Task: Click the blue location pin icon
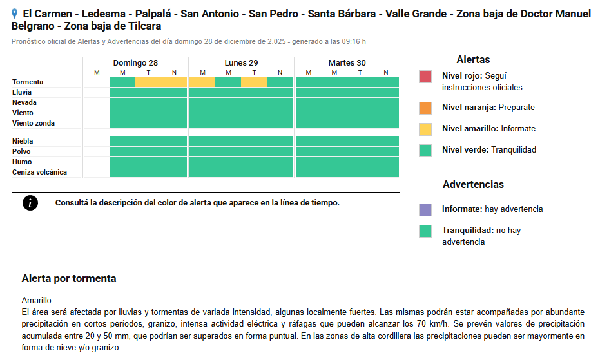[x=15, y=14]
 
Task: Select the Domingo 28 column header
[x=135, y=63]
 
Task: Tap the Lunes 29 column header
[x=241, y=63]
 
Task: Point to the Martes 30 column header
[x=347, y=63]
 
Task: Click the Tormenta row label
[x=28, y=82]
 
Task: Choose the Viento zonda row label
[x=34, y=124]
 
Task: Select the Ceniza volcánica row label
[x=39, y=173]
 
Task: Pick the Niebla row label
[x=23, y=142]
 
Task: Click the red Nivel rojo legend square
[x=425, y=77]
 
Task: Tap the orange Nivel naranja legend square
[x=425, y=108]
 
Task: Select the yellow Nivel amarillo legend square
[x=425, y=129]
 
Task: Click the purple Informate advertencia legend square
[x=425, y=209]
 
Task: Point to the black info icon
[x=30, y=203]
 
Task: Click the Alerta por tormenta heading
[x=69, y=279]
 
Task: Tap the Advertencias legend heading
[x=473, y=185]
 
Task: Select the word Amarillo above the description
[x=37, y=301]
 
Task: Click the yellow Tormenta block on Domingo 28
[x=161, y=82]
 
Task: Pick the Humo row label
[x=22, y=162]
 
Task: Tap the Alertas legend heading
[x=473, y=60]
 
